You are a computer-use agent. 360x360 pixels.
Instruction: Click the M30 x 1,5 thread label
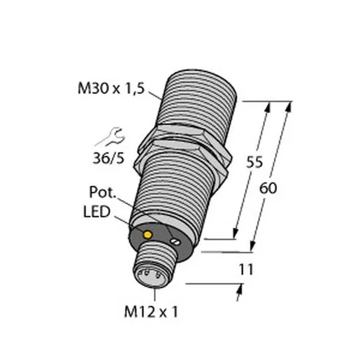(111, 89)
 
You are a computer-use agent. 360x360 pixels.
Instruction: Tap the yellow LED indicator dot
(147, 235)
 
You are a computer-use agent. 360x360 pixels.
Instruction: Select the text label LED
(96, 212)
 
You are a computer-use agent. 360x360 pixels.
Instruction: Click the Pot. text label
(103, 192)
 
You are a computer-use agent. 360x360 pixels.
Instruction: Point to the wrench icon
(110, 137)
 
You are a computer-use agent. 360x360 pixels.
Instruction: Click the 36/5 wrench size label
(108, 159)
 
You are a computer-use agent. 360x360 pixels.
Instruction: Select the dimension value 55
(254, 162)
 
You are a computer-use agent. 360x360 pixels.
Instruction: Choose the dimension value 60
(268, 188)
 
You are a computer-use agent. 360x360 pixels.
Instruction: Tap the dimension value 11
(246, 270)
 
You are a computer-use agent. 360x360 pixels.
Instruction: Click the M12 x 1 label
(151, 312)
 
